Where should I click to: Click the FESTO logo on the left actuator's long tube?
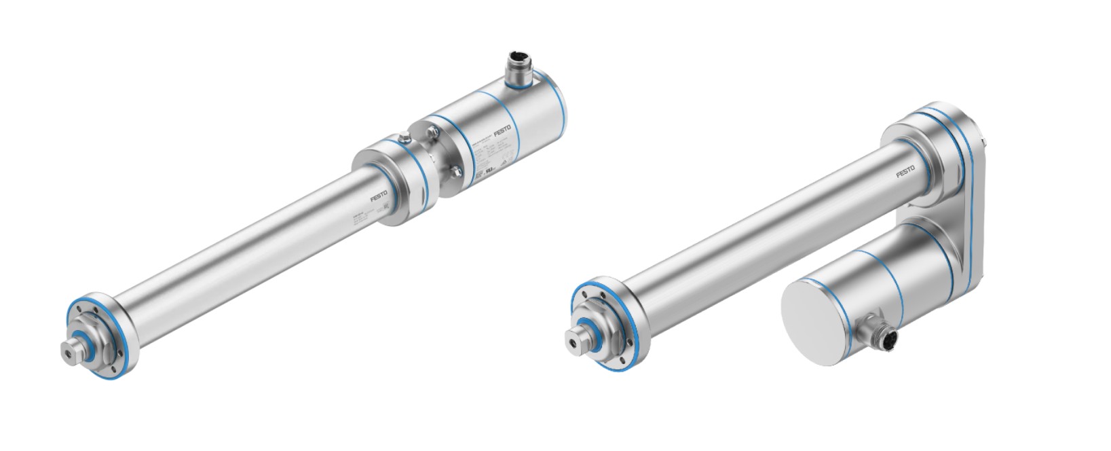pos(380,196)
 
